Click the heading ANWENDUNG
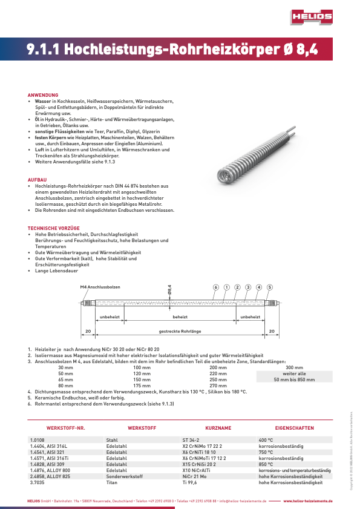43,95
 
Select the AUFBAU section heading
38,180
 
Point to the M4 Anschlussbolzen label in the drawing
100,286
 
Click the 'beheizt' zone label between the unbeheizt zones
180,317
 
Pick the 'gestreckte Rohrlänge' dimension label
180,331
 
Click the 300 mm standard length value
294,367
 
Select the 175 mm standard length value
142,386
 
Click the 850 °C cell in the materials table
266,464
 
